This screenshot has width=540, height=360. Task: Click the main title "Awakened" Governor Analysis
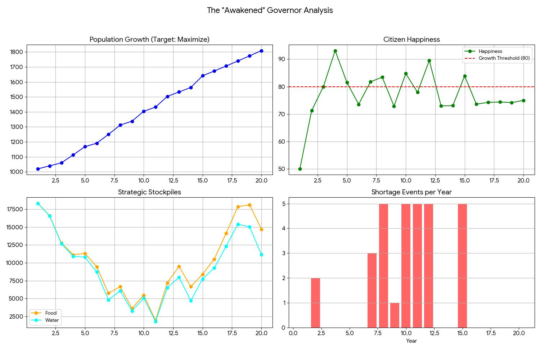[270, 10]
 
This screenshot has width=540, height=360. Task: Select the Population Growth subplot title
[149, 40]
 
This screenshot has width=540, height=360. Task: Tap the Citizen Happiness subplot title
[411, 40]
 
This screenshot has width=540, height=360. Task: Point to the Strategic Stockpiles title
[149, 192]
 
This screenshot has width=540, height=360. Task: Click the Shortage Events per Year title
[411, 192]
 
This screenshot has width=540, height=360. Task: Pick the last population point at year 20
[261, 51]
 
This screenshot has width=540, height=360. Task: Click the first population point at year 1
[38, 169]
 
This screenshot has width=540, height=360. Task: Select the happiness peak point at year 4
[335, 51]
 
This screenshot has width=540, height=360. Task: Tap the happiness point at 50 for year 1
[300, 169]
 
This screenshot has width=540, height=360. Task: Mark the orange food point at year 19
[249, 205]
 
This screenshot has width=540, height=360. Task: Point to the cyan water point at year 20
[261, 255]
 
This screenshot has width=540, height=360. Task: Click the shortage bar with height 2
[315, 303]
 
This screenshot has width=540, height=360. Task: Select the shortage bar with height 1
[395, 315]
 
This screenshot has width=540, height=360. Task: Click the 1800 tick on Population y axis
[17, 52]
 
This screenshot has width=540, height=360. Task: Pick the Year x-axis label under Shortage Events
[411, 341]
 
